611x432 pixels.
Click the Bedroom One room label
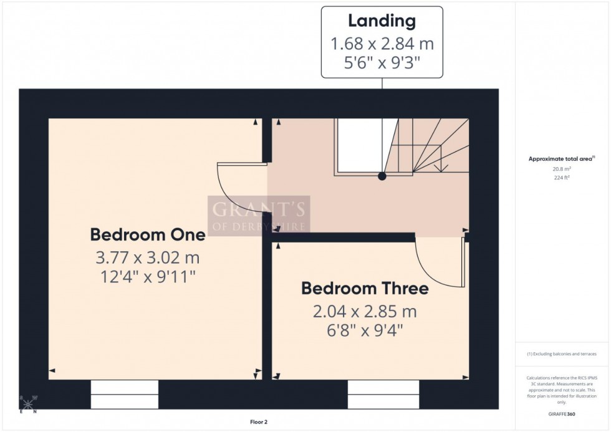147,235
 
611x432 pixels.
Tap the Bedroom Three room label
365,289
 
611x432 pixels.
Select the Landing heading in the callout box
382,21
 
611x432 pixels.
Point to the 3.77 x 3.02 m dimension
147,257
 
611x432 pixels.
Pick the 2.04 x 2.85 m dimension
365,311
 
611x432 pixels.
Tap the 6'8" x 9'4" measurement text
365,330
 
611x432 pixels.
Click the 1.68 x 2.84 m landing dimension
382,44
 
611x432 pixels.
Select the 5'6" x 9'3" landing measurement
382,63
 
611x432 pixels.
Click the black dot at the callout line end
382,176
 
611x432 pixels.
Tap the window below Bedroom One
125,394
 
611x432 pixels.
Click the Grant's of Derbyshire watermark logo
259,216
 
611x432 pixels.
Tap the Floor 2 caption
258,422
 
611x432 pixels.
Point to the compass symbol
29,403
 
